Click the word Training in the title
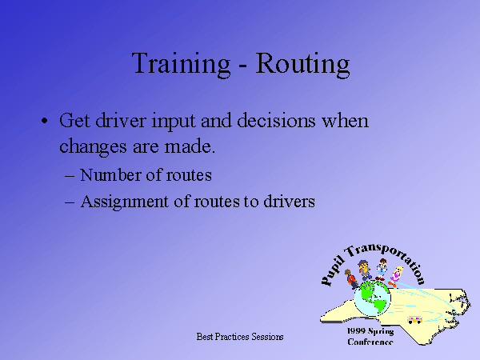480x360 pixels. click(x=181, y=64)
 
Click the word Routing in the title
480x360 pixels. click(x=302, y=64)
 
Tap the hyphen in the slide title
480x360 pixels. click(x=242, y=66)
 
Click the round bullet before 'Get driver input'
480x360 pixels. click(x=45, y=120)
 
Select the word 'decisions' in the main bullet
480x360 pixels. click(x=276, y=120)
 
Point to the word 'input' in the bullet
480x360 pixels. click(x=174, y=122)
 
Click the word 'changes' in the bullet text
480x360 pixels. click(x=93, y=146)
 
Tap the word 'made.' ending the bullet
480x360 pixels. click(x=190, y=146)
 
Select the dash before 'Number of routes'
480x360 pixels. click(x=70, y=177)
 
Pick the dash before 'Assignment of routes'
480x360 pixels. click(x=70, y=202)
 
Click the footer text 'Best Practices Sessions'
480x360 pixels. click(x=240, y=337)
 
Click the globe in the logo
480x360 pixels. click(x=372, y=298)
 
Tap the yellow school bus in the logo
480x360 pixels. click(x=414, y=320)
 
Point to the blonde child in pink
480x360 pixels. click(x=396, y=277)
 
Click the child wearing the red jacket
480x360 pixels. click(x=351, y=279)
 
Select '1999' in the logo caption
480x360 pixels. click(x=356, y=331)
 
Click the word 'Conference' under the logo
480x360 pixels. click(x=370, y=342)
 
